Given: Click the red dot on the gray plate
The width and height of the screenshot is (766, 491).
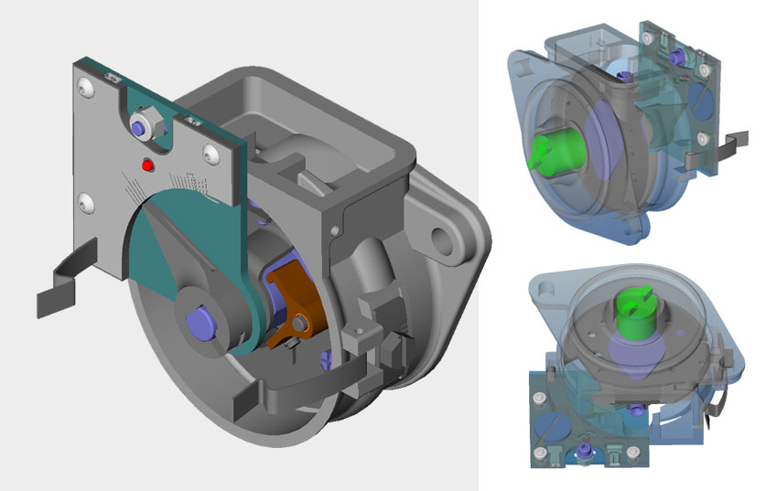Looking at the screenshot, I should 146,165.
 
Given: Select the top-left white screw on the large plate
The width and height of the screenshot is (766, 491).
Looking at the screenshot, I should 85,87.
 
